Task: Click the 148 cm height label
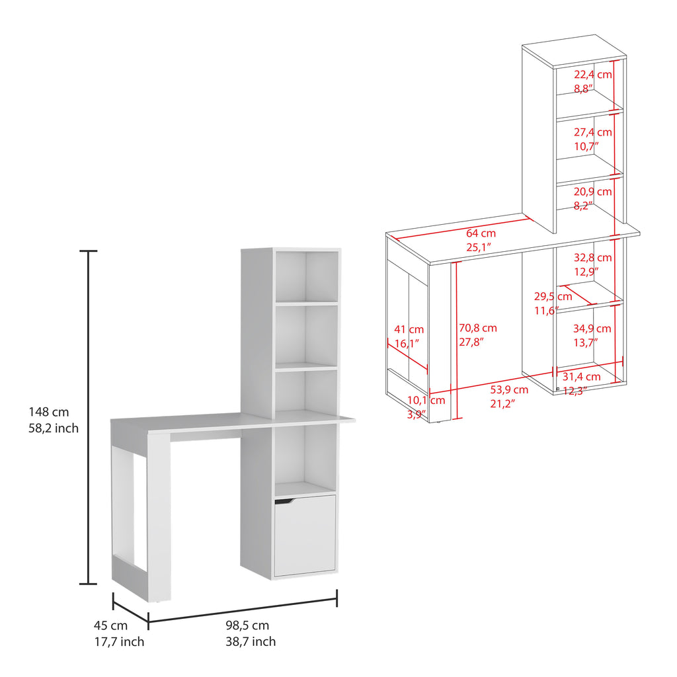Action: pos(49,412)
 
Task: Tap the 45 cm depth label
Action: pos(110,625)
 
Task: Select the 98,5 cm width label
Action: pos(247,625)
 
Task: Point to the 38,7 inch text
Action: pos(251,641)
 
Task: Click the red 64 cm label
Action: pos(481,233)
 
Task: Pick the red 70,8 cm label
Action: pos(478,328)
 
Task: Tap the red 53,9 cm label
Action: pos(509,389)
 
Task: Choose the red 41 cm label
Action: pos(409,329)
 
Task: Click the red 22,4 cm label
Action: pos(593,74)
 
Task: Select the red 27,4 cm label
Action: pos(593,132)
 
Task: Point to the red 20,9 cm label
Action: pos(593,191)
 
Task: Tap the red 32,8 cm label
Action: pos(593,258)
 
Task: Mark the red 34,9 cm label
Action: pos(592,329)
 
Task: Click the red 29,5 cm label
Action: pos(553,297)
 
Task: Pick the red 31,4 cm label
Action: pos(581,377)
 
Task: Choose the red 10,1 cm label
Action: pos(426,400)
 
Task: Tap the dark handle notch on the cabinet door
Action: pos(284,501)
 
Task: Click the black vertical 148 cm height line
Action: pos(89,417)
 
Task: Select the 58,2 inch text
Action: pos(54,428)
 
